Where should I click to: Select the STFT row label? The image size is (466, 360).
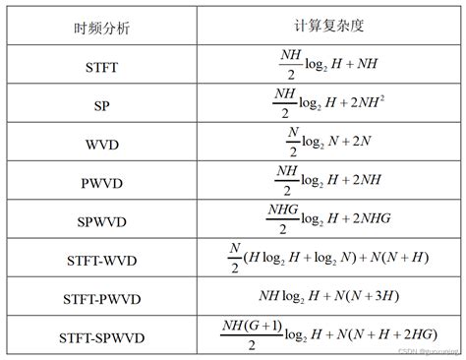(102, 69)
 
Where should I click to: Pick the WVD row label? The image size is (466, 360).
(102, 146)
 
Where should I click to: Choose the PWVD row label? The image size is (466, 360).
(102, 183)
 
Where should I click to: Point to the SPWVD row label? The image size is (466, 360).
(102, 220)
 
